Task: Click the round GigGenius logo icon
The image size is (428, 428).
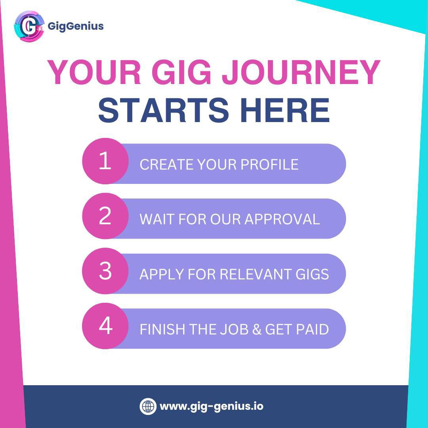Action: coord(29,26)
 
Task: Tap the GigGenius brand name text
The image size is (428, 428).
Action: coord(76,26)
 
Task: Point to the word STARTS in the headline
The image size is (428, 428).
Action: coord(163,110)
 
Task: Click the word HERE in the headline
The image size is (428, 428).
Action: coord(285,110)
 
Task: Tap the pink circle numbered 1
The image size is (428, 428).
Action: coord(105,161)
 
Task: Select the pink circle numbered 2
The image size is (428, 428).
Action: coord(105,216)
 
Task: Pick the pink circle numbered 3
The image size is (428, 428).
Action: coord(105,271)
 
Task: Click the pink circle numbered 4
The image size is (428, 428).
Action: coord(105,326)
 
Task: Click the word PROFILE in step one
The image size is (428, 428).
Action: coord(269,164)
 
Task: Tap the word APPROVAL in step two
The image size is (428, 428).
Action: coord(282,219)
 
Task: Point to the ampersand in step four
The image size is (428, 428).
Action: coord(256,329)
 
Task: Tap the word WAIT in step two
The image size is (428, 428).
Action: coord(157,219)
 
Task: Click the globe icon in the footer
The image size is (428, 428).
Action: coord(148,406)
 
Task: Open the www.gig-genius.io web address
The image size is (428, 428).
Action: coord(212,406)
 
